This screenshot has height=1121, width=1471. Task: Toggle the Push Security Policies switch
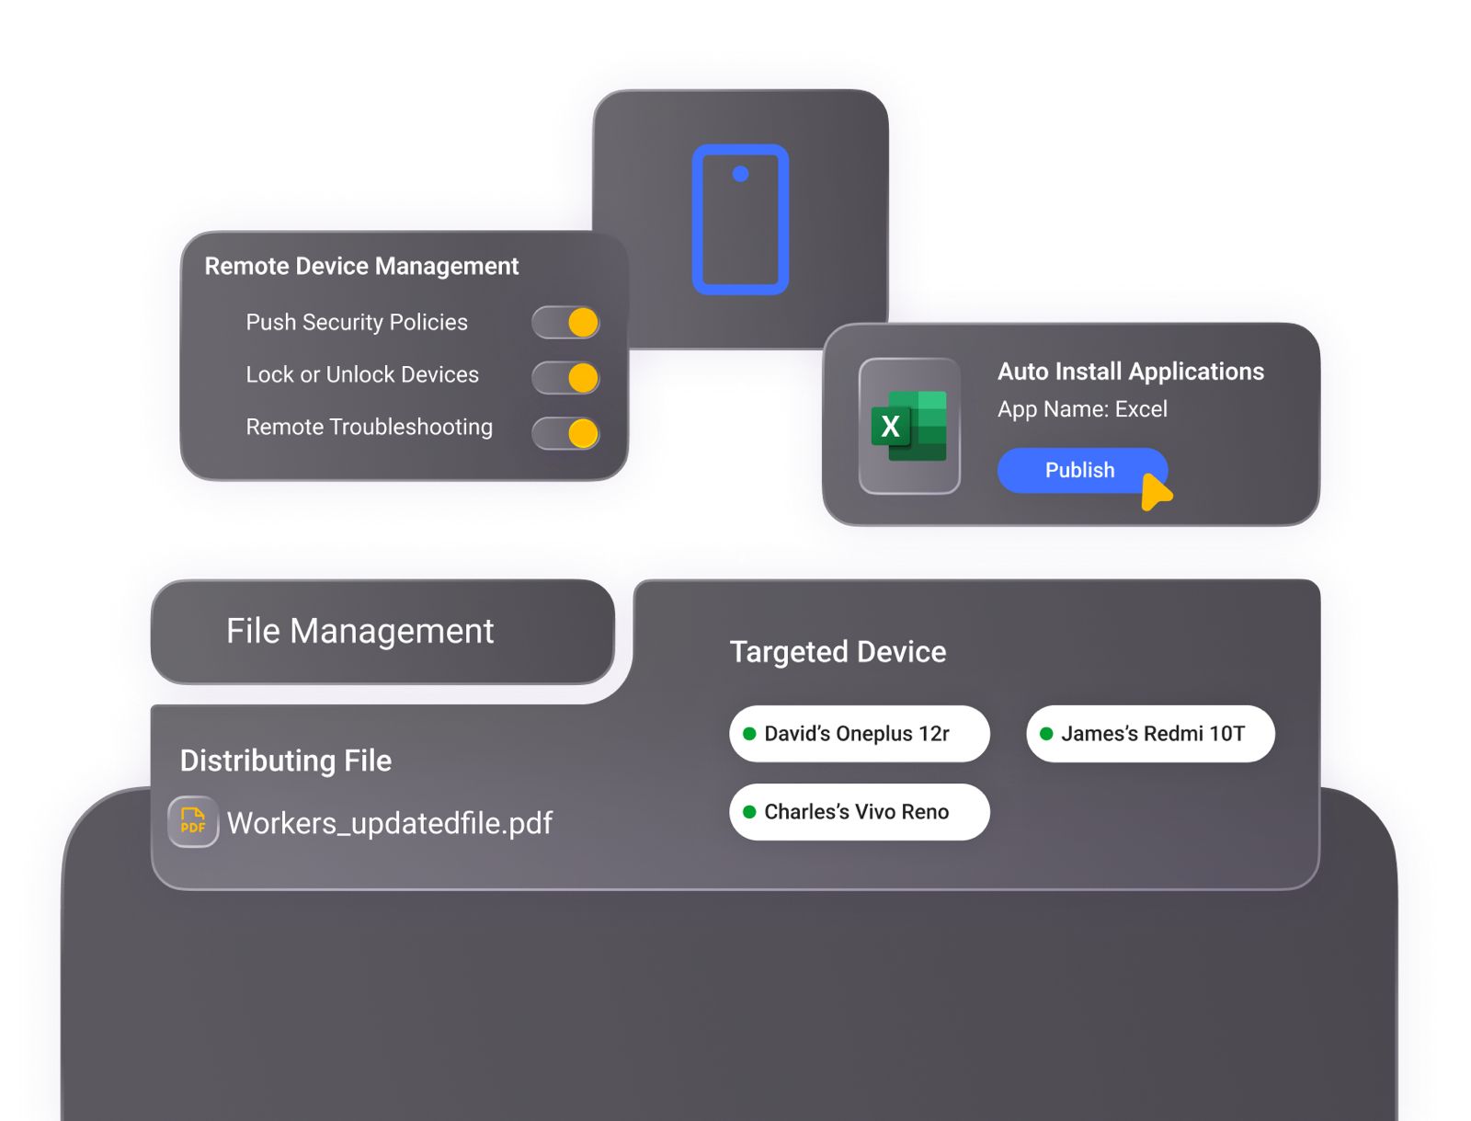tap(564, 322)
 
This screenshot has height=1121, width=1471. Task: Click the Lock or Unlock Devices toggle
tap(564, 377)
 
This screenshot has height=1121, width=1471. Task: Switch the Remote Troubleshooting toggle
tap(564, 433)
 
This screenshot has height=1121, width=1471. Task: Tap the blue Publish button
tap(1081, 470)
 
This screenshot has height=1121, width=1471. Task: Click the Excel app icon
tap(908, 426)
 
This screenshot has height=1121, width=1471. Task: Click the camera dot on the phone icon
tap(740, 174)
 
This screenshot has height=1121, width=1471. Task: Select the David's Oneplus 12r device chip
tap(859, 734)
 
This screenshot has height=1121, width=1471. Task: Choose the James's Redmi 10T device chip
tap(1150, 734)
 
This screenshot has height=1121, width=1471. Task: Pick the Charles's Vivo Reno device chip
tap(859, 812)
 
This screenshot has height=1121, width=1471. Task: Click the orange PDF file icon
tap(193, 821)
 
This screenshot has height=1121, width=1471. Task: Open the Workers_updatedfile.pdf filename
tap(390, 823)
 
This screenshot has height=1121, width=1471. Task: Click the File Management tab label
tap(359, 631)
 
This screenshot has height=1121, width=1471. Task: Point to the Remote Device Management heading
tap(361, 266)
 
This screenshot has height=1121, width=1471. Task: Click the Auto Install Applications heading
tap(1131, 372)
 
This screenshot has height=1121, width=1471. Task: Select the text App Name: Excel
tap(1082, 408)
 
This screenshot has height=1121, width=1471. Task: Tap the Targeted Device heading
tap(838, 652)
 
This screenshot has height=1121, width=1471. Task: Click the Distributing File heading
tap(286, 761)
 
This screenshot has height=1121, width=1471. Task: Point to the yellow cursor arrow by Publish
tap(1155, 492)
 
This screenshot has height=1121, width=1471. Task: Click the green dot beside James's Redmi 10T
tap(1046, 734)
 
